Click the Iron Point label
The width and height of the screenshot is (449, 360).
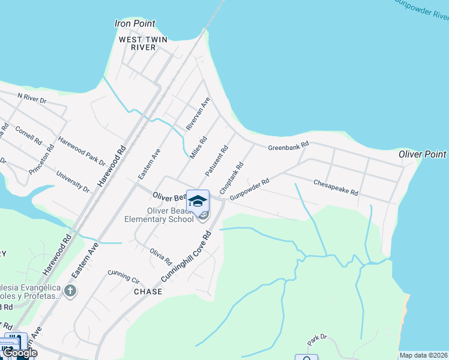pyautogui.click(x=134, y=24)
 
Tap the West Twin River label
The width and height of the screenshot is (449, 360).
pyautogui.click(x=142, y=43)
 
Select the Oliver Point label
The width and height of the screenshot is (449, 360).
pyautogui.click(x=423, y=155)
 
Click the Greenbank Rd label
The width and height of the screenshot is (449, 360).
pyautogui.click(x=288, y=146)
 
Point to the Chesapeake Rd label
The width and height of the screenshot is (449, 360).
pyautogui.click(x=336, y=188)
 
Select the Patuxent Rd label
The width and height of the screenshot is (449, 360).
pyautogui.click(x=217, y=161)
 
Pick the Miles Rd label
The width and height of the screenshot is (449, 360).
pyautogui.click(x=198, y=148)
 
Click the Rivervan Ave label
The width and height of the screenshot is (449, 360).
pyautogui.click(x=197, y=114)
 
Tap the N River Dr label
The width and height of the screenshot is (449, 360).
pyautogui.click(x=32, y=98)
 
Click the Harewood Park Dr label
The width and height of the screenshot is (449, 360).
pyautogui.click(x=81, y=151)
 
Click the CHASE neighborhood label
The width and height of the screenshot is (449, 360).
pyautogui.click(x=148, y=292)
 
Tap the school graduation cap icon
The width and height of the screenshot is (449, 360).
pyautogui.click(x=197, y=201)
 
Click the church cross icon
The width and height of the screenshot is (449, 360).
pyautogui.click(x=70, y=292)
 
